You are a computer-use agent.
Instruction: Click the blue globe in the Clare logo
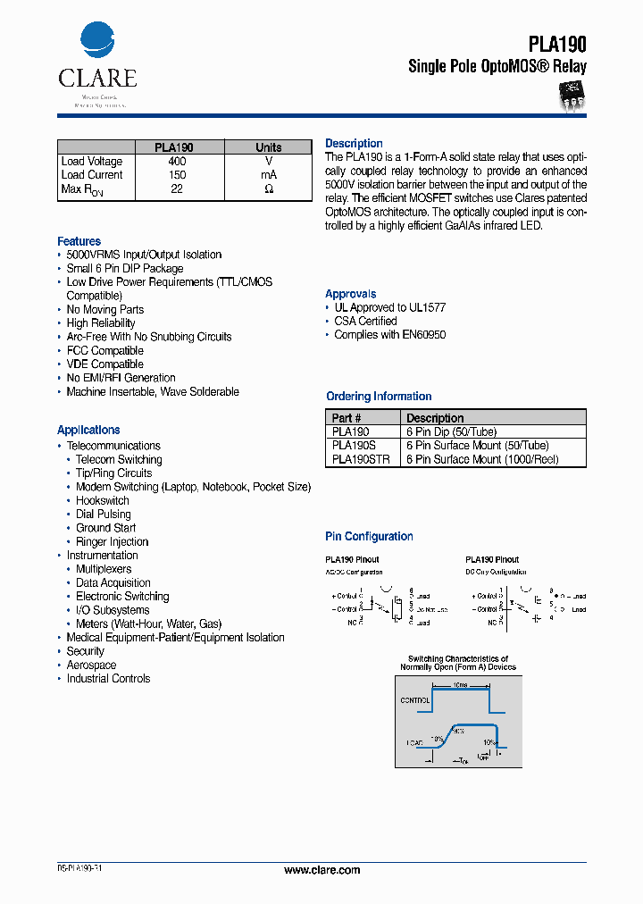coord(97,41)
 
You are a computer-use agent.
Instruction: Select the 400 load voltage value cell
coord(177,162)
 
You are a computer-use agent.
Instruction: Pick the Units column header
coord(268,147)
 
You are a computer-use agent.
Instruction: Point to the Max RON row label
coord(83,189)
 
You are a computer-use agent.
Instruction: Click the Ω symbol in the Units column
coord(268,189)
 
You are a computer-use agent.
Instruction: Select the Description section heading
coord(354,144)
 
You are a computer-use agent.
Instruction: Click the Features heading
coord(79,241)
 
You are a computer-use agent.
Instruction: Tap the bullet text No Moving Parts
coord(104,309)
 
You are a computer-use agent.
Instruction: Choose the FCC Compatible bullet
coord(104,350)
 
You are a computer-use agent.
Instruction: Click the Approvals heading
coord(350,294)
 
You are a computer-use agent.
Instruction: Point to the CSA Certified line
coord(365,321)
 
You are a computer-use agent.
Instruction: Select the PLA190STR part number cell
coord(360,459)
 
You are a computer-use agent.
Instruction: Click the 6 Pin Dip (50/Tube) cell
coord(451,431)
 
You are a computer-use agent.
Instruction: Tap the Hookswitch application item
coord(102,500)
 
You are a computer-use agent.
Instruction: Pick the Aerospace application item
coord(91,665)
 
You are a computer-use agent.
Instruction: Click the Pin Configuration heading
coord(369,537)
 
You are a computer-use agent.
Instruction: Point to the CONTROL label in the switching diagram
coord(414,701)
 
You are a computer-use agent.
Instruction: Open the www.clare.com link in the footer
coord(321,870)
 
